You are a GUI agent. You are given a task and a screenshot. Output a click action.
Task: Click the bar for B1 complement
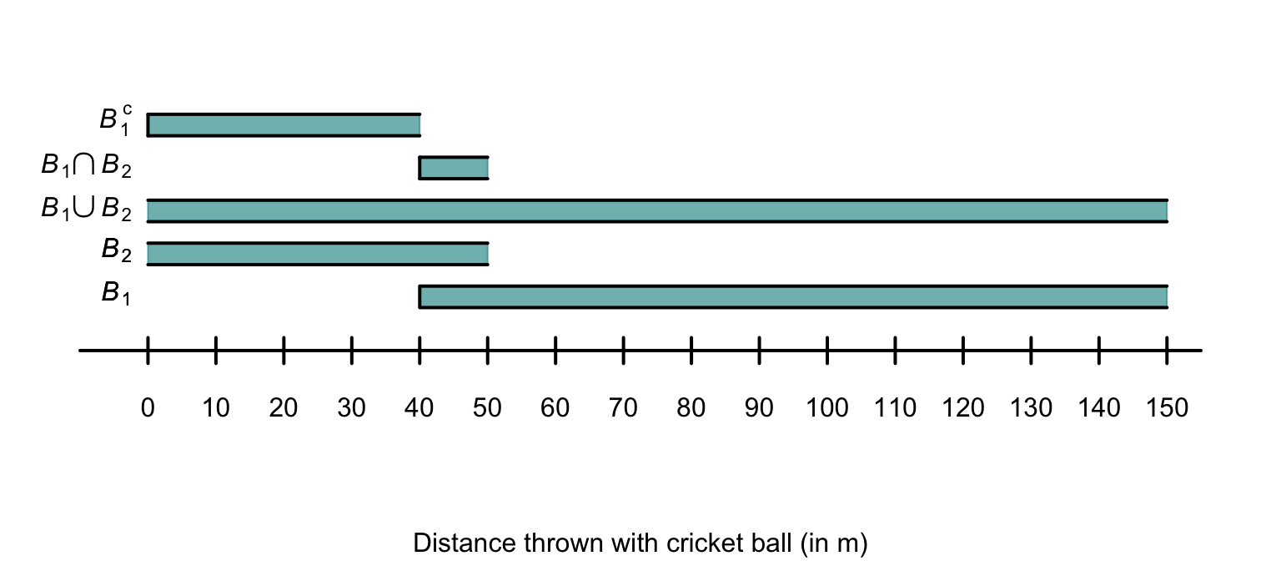(284, 124)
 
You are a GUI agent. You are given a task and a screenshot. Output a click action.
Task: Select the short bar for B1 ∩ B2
(454, 168)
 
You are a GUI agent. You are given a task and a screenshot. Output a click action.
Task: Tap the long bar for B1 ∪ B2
(657, 211)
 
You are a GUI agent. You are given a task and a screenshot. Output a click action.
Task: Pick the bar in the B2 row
(318, 254)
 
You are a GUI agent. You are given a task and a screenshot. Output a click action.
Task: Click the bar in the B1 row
(793, 297)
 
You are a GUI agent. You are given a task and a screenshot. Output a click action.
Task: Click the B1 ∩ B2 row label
(86, 166)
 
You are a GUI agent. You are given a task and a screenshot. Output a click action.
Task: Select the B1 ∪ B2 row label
(86, 210)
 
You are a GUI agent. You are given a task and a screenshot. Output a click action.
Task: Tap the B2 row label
(116, 250)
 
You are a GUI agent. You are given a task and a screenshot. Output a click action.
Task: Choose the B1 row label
(116, 293)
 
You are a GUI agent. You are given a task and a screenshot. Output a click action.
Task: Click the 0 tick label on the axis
(148, 408)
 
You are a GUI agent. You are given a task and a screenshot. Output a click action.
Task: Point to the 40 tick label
(419, 408)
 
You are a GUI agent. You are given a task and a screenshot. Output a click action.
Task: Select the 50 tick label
(488, 408)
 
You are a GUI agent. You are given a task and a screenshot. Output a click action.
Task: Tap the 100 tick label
(827, 408)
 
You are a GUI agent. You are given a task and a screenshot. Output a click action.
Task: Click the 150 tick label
(1167, 408)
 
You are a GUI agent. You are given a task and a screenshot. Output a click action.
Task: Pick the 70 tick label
(623, 408)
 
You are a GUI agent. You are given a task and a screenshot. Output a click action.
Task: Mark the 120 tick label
(963, 408)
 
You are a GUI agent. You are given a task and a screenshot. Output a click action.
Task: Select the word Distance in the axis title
(463, 543)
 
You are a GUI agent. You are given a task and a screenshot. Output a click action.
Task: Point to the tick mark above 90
(759, 351)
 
